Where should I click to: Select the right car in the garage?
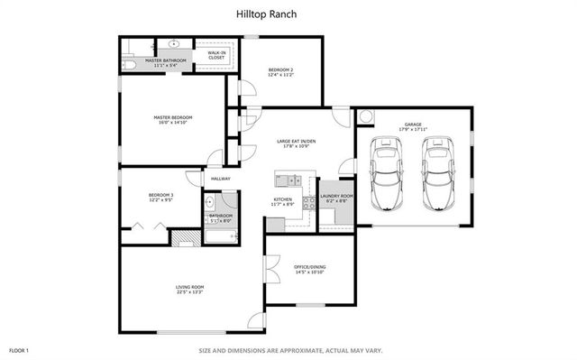click(438, 173)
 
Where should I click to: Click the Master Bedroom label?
click(173, 117)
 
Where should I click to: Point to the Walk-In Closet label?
click(216, 55)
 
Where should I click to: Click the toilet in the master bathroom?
click(128, 64)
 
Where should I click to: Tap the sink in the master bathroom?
click(172, 43)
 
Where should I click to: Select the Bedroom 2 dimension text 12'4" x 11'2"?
click(280, 75)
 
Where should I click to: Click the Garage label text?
click(413, 124)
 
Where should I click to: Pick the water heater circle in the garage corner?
click(365, 115)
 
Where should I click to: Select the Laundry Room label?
click(336, 196)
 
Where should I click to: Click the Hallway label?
click(221, 179)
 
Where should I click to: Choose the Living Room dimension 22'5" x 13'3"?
click(190, 292)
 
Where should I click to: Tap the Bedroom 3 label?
click(160, 195)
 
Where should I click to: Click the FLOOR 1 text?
click(19, 349)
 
